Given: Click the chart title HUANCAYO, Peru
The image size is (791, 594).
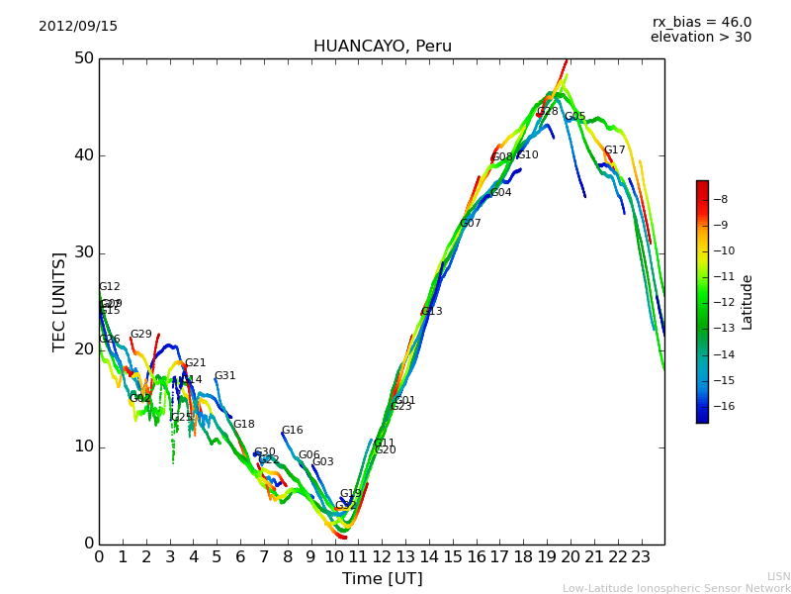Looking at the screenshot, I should [382, 47].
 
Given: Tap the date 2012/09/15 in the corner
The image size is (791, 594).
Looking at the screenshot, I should [78, 27].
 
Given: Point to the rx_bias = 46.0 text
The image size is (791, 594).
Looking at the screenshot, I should [701, 23].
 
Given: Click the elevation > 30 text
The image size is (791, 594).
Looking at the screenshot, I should [700, 38].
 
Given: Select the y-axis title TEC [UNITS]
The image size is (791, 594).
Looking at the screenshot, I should [59, 301].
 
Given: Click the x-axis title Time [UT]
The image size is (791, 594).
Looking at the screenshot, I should [382, 579].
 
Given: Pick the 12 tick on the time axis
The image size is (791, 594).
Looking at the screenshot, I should [382, 557].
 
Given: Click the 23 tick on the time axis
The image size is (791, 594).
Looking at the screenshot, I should [641, 557].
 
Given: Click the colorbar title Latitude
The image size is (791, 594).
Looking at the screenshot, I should [747, 302].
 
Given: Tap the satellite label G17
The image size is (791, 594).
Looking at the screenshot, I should [615, 150].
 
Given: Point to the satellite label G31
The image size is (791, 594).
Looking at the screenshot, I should [225, 376].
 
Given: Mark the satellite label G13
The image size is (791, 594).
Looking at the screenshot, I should [432, 312].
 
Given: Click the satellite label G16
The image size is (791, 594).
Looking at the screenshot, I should [293, 431].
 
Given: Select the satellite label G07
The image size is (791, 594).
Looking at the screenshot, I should [471, 224].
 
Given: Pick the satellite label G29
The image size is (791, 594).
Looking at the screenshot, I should [141, 335].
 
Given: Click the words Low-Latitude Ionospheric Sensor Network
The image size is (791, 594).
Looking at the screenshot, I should [676, 589].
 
